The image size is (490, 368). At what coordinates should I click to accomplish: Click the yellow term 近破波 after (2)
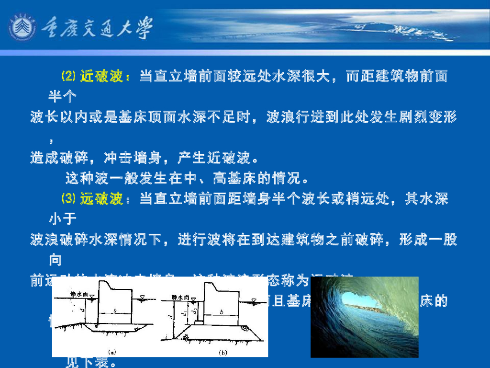(101, 76)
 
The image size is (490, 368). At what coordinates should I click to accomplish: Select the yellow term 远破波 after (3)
(101, 199)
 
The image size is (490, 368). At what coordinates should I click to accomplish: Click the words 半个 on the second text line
(62, 96)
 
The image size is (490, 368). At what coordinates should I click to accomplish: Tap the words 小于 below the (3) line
(62, 219)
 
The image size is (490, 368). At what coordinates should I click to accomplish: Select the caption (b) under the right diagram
(223, 352)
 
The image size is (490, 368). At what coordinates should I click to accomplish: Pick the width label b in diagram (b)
(222, 312)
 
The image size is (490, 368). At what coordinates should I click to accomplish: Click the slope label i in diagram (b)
(166, 339)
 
